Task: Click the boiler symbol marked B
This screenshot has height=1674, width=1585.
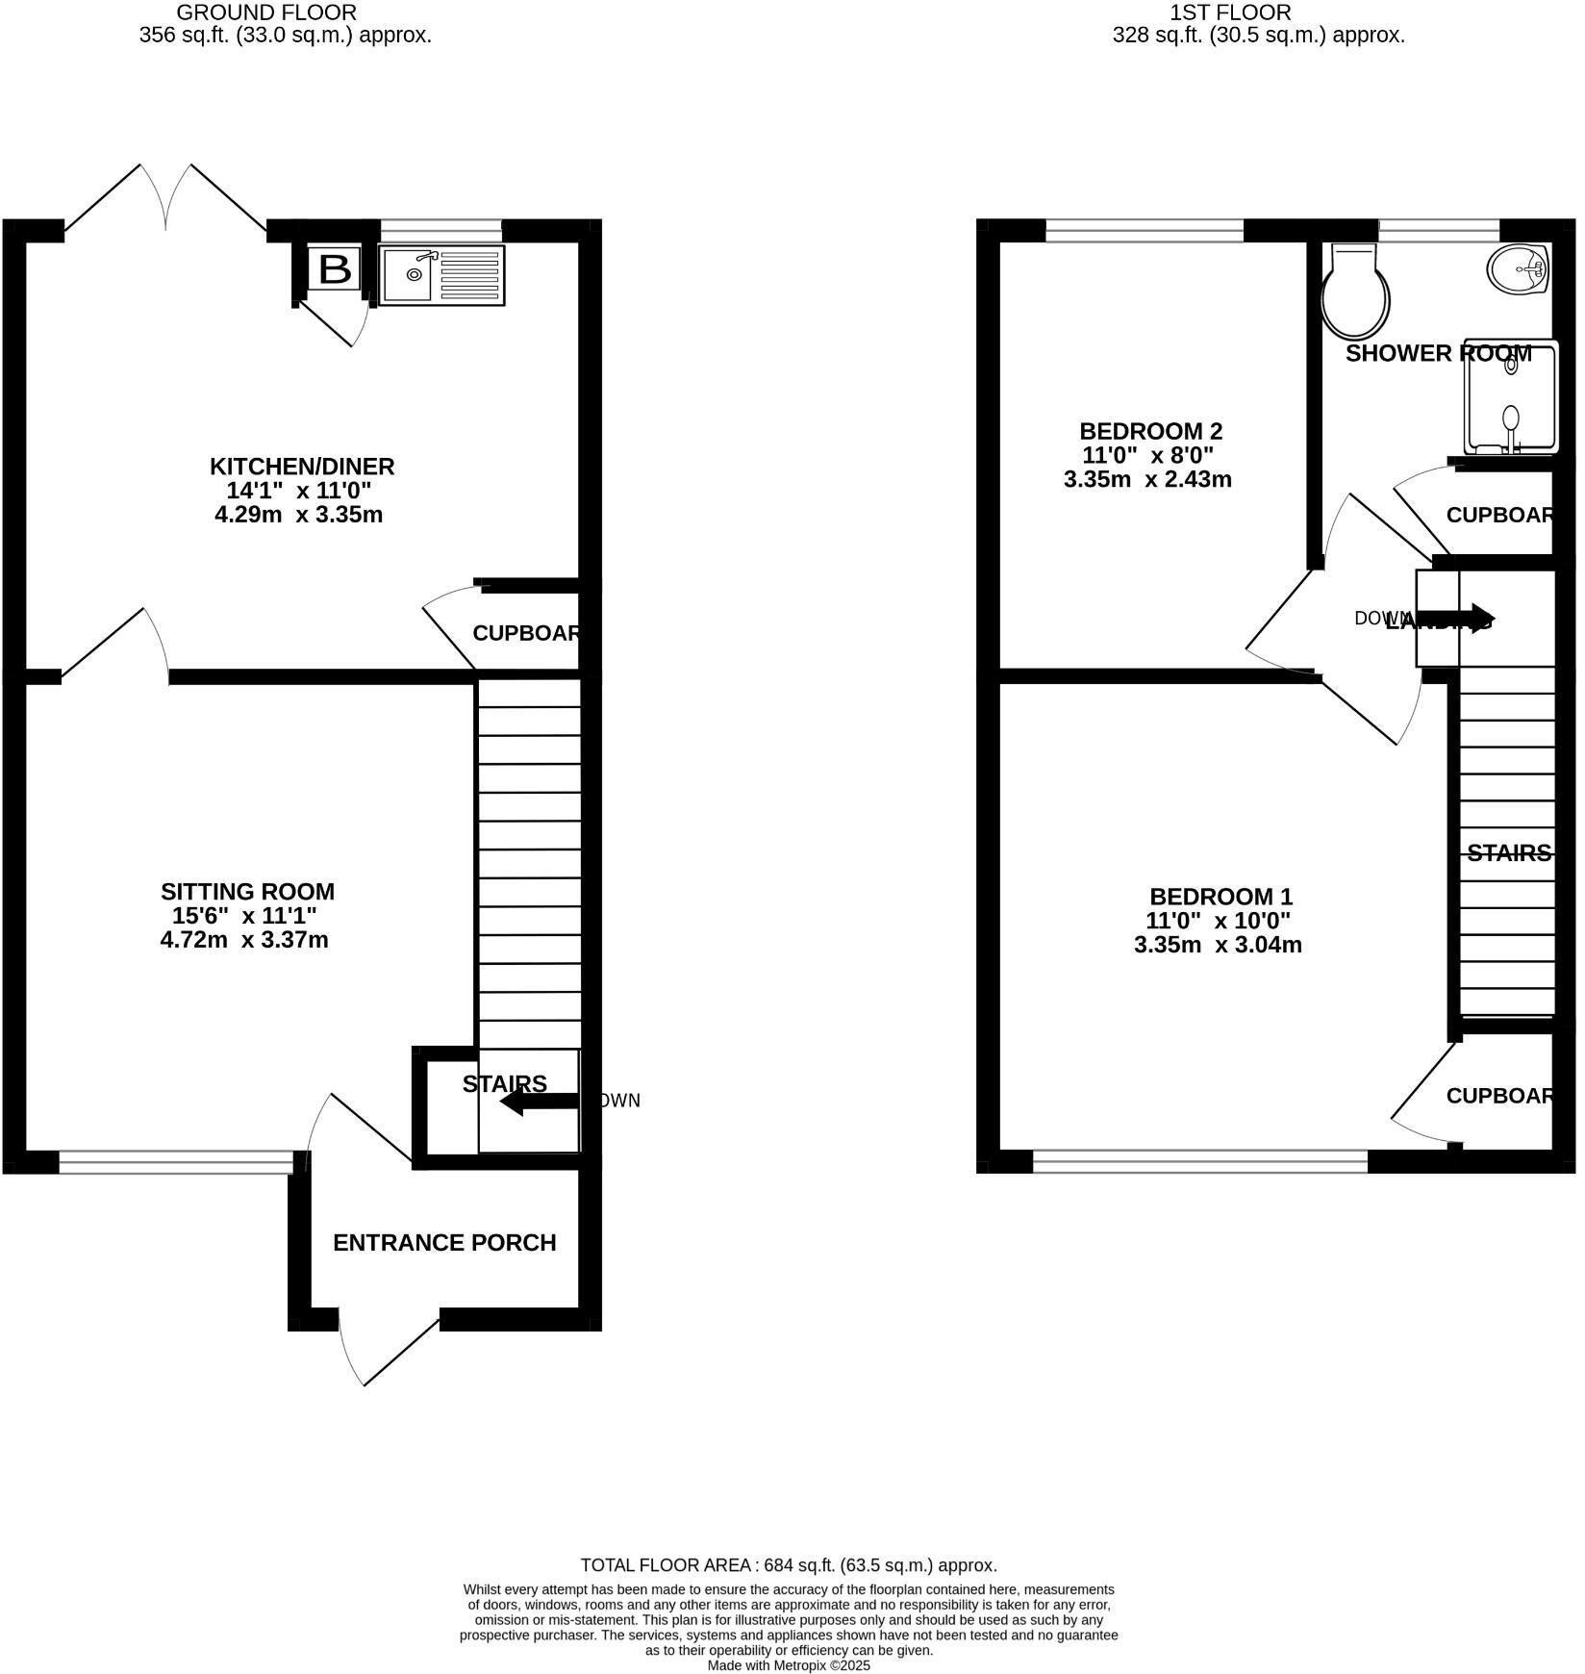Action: point(334,269)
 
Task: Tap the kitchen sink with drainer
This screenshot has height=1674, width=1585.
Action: point(441,276)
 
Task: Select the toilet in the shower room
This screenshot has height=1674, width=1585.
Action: point(1355,289)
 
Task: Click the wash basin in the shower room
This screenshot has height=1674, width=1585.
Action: point(1517,268)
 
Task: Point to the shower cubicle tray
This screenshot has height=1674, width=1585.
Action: point(1510,396)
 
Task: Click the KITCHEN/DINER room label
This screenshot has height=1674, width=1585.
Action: point(302,467)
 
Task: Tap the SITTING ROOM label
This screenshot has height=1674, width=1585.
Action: point(247,892)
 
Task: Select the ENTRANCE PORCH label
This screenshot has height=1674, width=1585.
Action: point(444,1242)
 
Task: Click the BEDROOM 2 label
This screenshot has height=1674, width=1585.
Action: point(1150,431)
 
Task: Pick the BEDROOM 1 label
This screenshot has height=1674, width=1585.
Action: point(1220,897)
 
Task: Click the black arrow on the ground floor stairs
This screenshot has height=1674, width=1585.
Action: point(539,1102)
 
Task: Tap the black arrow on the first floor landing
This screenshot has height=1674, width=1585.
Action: point(1454,619)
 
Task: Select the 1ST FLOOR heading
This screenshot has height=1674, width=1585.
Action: point(1230,13)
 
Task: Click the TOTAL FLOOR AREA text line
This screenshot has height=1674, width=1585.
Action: point(789,1565)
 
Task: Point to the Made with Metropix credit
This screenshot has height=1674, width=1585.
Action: point(789,1665)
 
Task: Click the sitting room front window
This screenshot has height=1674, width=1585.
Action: point(176,1162)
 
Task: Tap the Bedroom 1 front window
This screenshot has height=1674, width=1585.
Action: point(1199,1161)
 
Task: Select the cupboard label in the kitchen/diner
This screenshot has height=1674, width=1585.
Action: point(526,633)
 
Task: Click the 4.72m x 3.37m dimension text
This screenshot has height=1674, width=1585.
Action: point(244,940)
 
